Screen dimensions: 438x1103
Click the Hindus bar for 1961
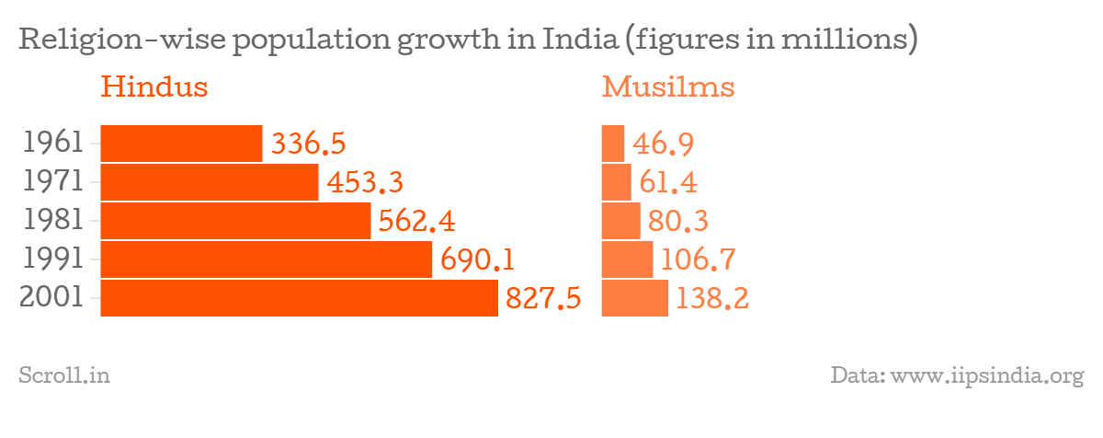tap(181, 144)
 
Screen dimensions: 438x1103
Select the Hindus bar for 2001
tap(299, 298)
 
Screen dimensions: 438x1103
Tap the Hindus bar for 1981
tap(235, 221)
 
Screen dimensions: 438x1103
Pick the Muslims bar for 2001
tap(635, 298)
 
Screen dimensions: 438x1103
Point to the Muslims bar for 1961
tap(613, 144)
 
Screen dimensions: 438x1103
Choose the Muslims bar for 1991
tap(627, 259)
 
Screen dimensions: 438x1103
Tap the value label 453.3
tap(365, 183)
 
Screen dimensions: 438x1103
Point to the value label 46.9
tap(663, 144)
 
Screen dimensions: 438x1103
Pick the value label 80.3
tap(677, 222)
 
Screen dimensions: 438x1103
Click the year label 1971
tap(54, 182)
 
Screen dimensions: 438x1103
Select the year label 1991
tap(54, 259)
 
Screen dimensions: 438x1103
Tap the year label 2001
tap(52, 298)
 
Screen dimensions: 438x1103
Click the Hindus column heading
tap(154, 87)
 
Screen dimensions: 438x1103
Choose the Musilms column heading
tap(668, 87)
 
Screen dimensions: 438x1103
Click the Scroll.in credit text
tap(64, 375)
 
